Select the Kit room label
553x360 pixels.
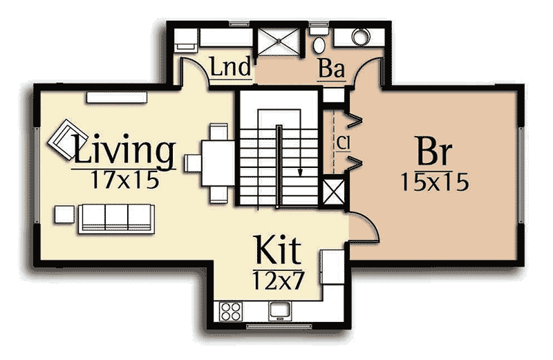pos(277,251)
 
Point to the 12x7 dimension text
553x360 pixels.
pos(279,279)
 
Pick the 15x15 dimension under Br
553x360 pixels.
pos(434,182)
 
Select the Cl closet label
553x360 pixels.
pos(343,142)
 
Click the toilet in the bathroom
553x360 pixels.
pos(319,41)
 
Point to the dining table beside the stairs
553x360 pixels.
pos(218,163)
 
